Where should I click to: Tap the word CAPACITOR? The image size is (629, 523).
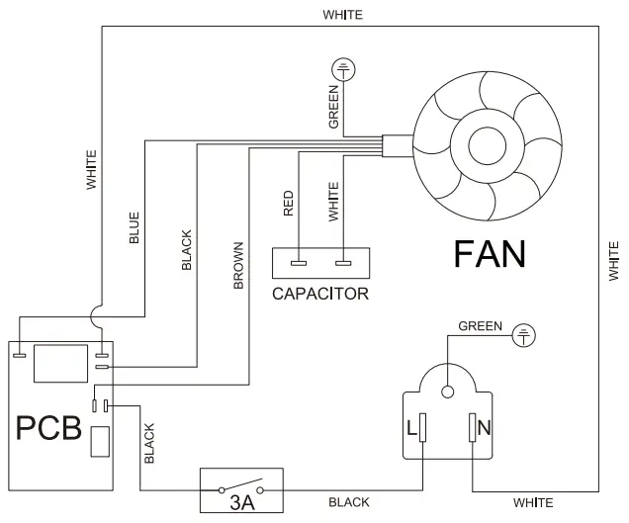320,294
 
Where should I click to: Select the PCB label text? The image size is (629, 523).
48,429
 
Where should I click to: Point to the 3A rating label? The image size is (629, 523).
241,503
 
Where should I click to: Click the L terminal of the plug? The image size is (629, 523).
423,427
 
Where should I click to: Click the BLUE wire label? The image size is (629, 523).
135,227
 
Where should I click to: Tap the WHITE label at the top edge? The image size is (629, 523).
342,15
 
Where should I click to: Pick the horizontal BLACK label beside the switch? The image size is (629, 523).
349,502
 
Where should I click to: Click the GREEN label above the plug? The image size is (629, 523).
480,325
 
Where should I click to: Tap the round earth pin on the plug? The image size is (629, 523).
448,392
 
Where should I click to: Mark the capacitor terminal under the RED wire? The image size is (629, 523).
298,263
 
